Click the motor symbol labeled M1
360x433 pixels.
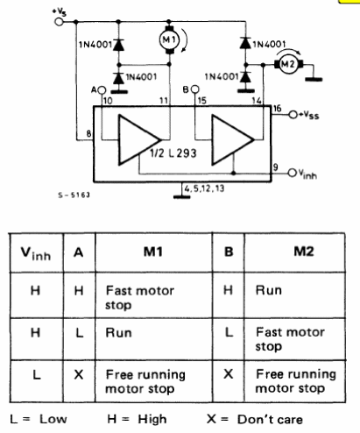[169, 39]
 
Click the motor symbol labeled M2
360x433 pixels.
[288, 64]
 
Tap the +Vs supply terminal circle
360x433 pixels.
[59, 22]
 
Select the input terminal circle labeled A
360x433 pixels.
[102, 89]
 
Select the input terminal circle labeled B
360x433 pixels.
[195, 89]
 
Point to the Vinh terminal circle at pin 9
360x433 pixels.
[293, 173]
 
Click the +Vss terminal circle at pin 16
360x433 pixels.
[293, 115]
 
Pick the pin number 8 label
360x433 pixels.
[88, 134]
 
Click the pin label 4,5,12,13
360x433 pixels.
[204, 188]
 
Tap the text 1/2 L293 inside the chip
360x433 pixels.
[173, 153]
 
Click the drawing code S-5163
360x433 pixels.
[74, 195]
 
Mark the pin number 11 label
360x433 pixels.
[164, 101]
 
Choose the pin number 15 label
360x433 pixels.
[202, 101]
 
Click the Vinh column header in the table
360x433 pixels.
[36, 253]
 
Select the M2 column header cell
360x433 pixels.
[304, 252]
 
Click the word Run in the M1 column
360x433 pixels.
[118, 333]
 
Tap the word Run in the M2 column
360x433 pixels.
[269, 290]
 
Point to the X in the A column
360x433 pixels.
[79, 374]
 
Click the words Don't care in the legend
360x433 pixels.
[270, 420]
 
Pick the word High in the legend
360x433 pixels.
[152, 420]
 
